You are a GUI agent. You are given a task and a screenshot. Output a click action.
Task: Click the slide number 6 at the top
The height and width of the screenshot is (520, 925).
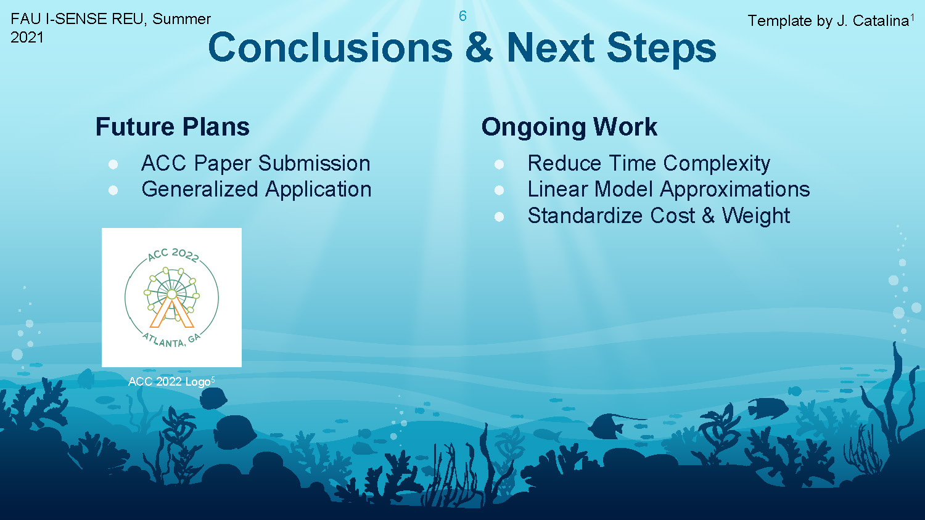pos(462,16)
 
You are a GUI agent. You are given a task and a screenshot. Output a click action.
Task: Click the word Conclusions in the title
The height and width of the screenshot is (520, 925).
pos(331,47)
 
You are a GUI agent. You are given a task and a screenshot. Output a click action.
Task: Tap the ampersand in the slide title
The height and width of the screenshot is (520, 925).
pos(479,47)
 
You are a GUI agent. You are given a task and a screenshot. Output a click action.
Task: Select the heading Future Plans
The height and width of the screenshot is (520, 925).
pos(173,126)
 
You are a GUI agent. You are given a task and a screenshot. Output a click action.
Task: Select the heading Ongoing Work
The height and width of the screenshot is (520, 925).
pos(569,127)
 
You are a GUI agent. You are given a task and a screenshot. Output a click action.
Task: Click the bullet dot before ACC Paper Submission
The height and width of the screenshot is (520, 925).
pos(113,165)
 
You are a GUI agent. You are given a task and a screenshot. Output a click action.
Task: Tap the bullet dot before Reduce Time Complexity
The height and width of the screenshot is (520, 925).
pos(499,165)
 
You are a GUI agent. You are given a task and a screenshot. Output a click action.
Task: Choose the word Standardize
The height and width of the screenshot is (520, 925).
pos(585,216)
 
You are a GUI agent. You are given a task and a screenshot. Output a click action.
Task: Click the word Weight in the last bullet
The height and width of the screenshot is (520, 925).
pos(755,216)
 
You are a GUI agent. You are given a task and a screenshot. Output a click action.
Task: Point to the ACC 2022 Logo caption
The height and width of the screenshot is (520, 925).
pos(171,381)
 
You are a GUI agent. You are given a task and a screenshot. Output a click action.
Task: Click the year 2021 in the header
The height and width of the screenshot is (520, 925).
pos(27,38)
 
